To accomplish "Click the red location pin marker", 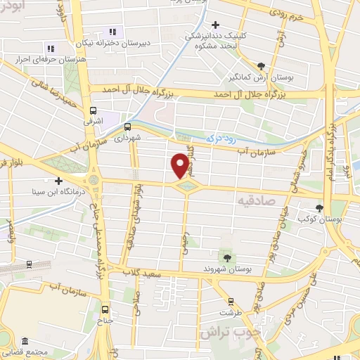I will [x=180, y=165].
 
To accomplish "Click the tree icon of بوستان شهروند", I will [x=226, y=255].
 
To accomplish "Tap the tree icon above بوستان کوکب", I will [x=320, y=208].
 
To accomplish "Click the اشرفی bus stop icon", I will [x=94, y=110].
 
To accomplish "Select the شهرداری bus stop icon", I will [x=127, y=127].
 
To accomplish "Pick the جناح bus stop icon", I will [x=105, y=309].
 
